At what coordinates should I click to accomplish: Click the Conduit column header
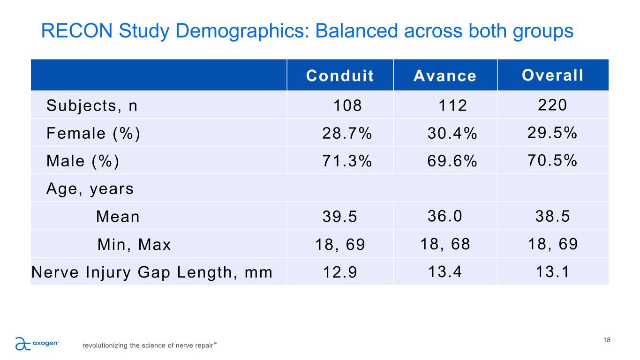[x=340, y=76]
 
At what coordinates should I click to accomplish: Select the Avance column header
[x=445, y=76]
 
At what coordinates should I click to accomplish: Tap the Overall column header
[x=553, y=75]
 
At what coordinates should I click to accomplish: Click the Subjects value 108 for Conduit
[x=347, y=106]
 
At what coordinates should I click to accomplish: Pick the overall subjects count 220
[x=553, y=105]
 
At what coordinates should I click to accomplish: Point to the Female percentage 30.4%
[x=452, y=134]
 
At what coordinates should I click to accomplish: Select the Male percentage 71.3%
[x=347, y=161]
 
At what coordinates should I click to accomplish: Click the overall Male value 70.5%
[x=553, y=160]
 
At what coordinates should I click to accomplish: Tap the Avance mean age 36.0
[x=445, y=216]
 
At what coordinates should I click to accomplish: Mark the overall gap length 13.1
[x=553, y=271]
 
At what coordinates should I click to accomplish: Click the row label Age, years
[x=90, y=189]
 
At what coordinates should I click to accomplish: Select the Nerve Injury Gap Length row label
[x=151, y=272]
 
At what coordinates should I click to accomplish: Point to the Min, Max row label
[x=134, y=245]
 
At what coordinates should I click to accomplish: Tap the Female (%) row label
[x=93, y=134]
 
